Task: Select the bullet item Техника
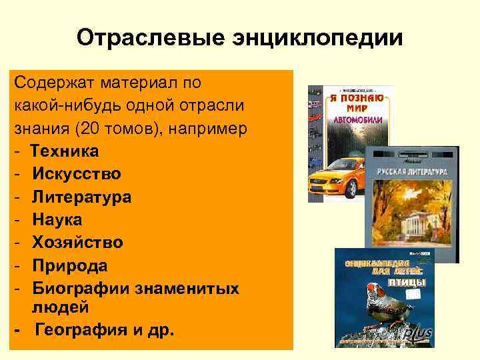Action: point(65,151)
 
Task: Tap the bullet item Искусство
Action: point(77,174)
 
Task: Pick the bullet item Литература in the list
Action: point(81,197)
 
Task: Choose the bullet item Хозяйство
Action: point(77,242)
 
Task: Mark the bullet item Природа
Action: point(70,265)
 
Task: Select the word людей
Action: point(60,307)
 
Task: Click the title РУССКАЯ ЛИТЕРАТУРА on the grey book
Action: point(411,172)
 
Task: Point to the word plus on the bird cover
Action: point(420,333)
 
